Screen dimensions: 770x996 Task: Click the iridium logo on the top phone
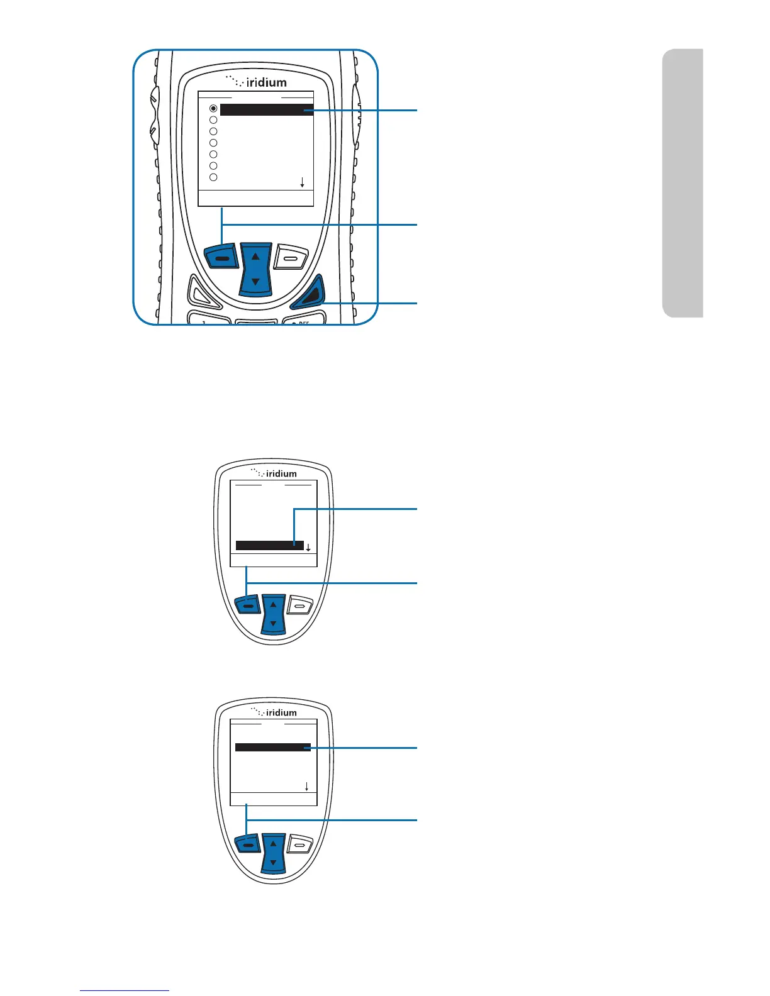(x=257, y=82)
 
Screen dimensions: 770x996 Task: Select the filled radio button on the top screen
(x=213, y=109)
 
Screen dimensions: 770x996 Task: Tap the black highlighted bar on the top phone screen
(x=267, y=110)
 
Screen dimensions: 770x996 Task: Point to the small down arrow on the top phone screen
(x=303, y=182)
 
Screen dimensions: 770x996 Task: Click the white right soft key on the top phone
(x=291, y=257)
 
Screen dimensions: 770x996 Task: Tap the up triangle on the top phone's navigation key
(x=255, y=257)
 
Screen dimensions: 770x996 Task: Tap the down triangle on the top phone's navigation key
(x=255, y=282)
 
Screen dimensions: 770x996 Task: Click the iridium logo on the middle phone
(x=274, y=473)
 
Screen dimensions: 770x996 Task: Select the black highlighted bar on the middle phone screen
(x=269, y=545)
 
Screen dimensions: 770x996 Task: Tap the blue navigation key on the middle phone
(x=273, y=613)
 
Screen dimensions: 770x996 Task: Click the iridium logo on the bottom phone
(x=274, y=712)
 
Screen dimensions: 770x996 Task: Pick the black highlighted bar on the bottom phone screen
(x=273, y=748)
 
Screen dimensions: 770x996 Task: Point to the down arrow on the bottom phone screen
(x=306, y=787)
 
